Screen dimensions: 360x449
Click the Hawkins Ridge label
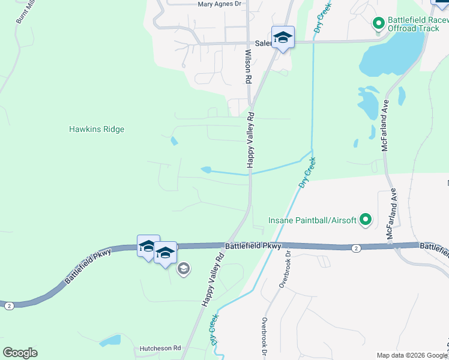97,129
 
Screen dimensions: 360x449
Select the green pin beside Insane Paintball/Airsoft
366,220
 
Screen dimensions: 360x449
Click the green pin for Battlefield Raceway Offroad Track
379,23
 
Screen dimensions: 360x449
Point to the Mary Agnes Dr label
219,4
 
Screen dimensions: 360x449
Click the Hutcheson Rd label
160,348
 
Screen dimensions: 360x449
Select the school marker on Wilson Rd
282,38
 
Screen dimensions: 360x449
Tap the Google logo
20,352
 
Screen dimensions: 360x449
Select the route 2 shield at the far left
9,305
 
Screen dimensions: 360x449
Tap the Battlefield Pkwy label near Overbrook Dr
253,246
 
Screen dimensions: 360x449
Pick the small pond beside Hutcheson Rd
110,341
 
